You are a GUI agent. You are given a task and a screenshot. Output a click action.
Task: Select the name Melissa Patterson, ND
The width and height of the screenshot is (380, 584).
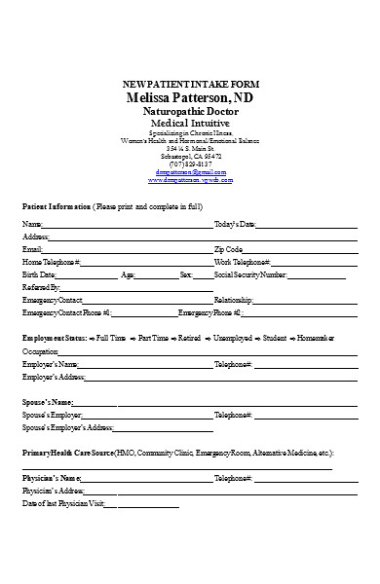pyautogui.click(x=190, y=98)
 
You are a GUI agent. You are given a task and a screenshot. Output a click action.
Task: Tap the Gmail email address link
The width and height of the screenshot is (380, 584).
pyautogui.click(x=190, y=172)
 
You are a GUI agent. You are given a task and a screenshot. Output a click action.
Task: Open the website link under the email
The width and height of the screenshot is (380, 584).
pyautogui.click(x=190, y=181)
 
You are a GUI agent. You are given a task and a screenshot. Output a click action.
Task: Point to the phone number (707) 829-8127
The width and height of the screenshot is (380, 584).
pyautogui.click(x=190, y=164)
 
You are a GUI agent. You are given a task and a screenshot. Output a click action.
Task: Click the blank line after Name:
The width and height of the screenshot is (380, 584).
pyautogui.click(x=127, y=226)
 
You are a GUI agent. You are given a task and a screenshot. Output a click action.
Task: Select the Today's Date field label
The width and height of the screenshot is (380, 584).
pyautogui.click(x=234, y=225)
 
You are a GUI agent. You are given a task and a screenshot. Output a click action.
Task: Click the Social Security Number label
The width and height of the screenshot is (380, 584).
pyautogui.click(x=251, y=275)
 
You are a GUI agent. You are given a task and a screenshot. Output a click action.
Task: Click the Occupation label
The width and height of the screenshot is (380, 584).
pyautogui.click(x=41, y=350)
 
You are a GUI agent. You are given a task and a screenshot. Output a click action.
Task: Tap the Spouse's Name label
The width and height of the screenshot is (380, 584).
pyautogui.click(x=47, y=402)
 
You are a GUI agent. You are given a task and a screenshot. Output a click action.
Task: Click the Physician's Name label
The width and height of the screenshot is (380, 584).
pyautogui.click(x=52, y=479)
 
